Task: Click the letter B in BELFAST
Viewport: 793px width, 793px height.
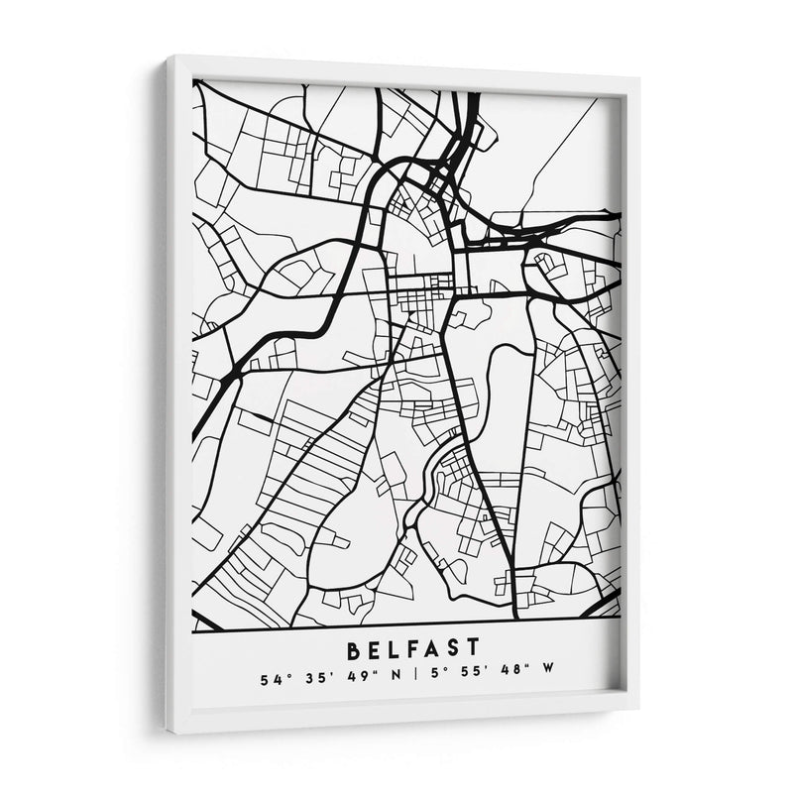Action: pyautogui.click(x=354, y=650)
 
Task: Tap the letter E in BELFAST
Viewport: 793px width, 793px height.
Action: pyautogui.click(x=378, y=650)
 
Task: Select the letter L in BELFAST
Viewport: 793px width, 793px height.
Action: pyautogui.click(x=399, y=650)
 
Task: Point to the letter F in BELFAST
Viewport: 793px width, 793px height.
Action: pyautogui.click(x=421, y=650)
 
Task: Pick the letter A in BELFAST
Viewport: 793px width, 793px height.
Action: pyautogui.click(x=443, y=650)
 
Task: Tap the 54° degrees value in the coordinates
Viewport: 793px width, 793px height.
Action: pyautogui.click(x=268, y=680)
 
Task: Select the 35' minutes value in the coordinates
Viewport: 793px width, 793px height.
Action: pyautogui.click(x=300, y=680)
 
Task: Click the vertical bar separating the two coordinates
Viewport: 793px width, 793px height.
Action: pyautogui.click(x=387, y=680)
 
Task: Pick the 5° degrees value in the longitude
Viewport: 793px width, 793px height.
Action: pyautogui.click(x=411, y=680)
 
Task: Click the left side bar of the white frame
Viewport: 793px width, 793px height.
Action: pyautogui.click(x=177, y=396)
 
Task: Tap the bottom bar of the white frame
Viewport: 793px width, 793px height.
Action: pyautogui.click(x=396, y=722)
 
